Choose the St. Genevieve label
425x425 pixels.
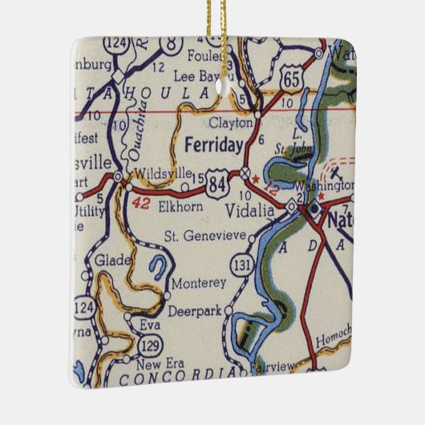pos(204,237)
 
